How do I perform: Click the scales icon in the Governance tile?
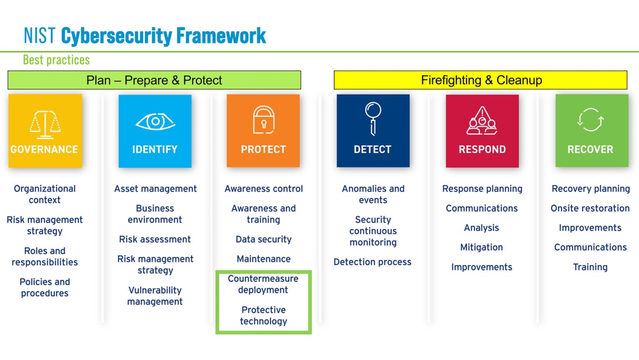[x=45, y=124]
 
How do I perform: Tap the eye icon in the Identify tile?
[x=155, y=122]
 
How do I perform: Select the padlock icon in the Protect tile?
[x=264, y=120]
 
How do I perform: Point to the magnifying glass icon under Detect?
[x=373, y=119]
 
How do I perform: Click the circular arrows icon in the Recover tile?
[x=590, y=120]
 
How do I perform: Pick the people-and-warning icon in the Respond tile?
[x=482, y=121]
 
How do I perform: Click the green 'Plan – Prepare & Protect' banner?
[x=154, y=80]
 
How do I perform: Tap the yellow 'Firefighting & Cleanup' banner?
[x=480, y=80]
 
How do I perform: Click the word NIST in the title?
[x=39, y=36]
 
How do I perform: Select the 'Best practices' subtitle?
[x=56, y=60]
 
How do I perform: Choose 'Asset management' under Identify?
[x=155, y=189]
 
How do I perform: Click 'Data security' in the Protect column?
[x=263, y=239]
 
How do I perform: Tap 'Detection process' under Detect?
[x=372, y=262]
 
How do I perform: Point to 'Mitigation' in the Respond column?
[x=481, y=247]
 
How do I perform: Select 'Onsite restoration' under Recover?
[x=590, y=208]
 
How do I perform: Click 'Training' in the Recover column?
[x=590, y=267]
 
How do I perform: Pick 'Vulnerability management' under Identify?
[x=155, y=295]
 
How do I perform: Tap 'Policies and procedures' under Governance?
[x=45, y=287]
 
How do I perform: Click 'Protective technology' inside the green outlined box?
[x=263, y=315]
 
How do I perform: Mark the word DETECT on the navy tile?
[x=372, y=149]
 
